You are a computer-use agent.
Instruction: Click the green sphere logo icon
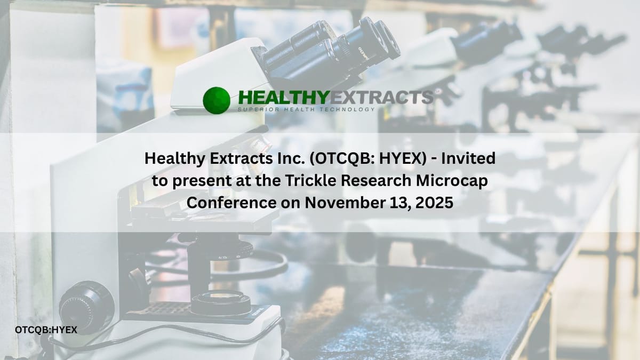click(x=217, y=100)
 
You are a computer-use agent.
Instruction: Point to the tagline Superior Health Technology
click(x=306, y=109)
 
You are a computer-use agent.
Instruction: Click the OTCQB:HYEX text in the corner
click(x=46, y=330)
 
